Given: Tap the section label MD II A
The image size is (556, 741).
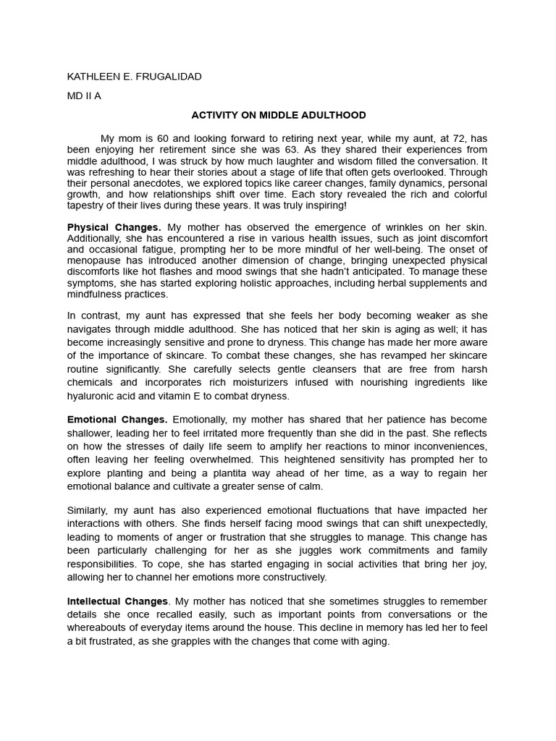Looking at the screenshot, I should (84, 96).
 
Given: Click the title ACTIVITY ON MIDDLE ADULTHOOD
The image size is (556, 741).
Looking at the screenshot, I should (278, 115).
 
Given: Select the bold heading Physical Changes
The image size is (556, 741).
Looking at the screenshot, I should (114, 228).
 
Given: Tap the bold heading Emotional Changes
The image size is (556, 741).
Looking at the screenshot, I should (117, 420).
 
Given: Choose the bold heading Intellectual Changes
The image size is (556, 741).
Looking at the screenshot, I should (117, 601).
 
